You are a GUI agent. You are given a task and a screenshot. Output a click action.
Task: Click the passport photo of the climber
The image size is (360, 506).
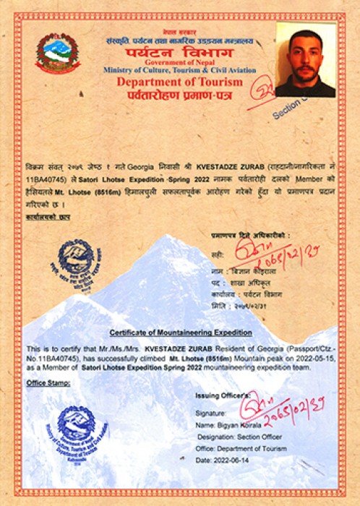pos(305,59)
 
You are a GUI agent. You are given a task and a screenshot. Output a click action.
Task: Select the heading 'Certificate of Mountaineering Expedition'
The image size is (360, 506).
pos(181,333)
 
